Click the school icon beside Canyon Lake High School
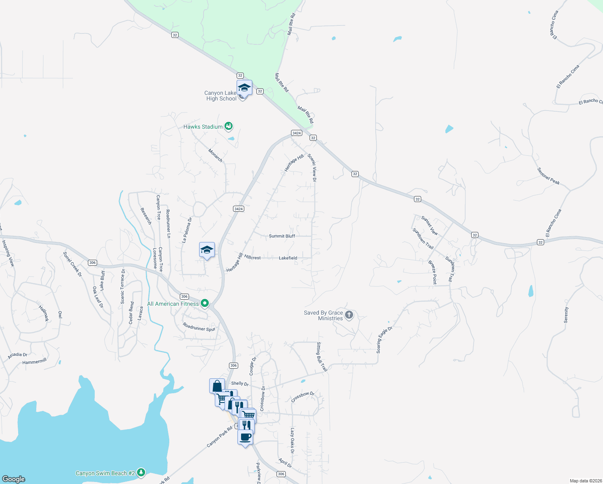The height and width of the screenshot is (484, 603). [244, 88]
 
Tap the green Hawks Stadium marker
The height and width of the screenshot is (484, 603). [229, 127]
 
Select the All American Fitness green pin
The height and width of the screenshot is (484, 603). [205, 303]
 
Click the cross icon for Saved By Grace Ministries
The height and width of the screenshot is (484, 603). [349, 315]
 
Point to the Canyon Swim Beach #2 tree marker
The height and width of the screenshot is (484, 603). [141, 472]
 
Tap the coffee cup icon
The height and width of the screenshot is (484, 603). [245, 437]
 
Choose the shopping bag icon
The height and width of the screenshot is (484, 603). [217, 386]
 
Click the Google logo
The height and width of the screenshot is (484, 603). [14, 479]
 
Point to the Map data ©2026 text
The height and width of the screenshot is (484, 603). [586, 481]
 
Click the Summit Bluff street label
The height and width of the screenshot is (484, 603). [282, 236]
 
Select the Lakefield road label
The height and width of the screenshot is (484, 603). [288, 258]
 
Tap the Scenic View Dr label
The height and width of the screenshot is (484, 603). [312, 167]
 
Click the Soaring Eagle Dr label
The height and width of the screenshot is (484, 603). [384, 340]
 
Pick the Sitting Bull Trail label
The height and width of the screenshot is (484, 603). [322, 357]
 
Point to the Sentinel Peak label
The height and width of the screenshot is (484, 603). [549, 176]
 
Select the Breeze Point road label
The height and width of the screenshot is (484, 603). [432, 273]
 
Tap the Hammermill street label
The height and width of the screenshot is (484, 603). [35, 362]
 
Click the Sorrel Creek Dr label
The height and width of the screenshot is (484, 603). [73, 264]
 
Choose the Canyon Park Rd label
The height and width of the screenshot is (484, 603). [219, 437]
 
